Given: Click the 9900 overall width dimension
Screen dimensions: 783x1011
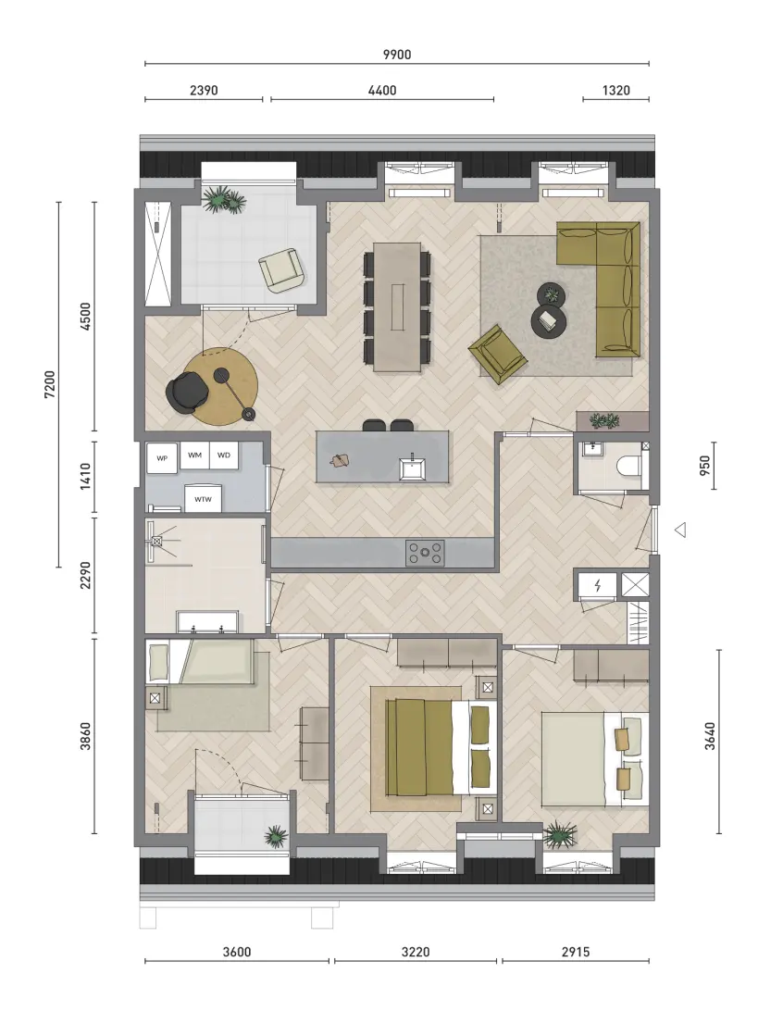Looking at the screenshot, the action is [397, 55].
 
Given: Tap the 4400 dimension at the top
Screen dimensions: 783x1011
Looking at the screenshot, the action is [382, 91].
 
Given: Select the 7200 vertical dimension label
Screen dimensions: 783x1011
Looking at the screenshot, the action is [50, 384].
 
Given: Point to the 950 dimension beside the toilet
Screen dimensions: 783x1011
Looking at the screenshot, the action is [704, 466].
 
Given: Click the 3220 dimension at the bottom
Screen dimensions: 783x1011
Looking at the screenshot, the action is [415, 952].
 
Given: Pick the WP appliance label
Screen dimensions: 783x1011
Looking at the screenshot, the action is [162, 458].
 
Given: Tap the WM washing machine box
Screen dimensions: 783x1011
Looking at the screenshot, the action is [194, 456].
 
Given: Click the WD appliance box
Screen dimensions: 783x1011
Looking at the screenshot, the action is [224, 456].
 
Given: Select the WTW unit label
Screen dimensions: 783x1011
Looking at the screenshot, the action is [203, 499].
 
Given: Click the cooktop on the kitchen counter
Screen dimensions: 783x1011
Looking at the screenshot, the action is [425, 554].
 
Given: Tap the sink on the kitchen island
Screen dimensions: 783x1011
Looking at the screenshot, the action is [411, 468].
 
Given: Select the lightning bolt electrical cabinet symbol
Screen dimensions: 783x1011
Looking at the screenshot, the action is [598, 586].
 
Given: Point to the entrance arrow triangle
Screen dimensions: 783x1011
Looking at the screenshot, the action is [680, 530].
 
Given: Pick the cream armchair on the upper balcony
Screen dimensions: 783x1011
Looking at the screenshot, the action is [281, 270].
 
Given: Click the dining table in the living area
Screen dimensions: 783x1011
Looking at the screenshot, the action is [398, 306].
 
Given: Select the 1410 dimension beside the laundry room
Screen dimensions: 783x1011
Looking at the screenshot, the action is [86, 477].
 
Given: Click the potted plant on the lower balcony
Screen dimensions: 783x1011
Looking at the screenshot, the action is [276, 836].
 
